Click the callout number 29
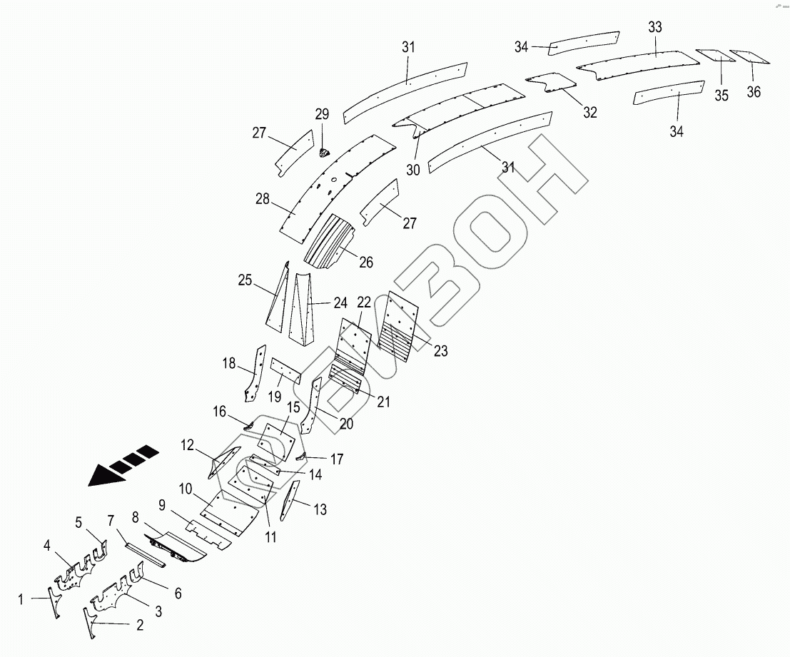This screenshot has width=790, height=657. (x=322, y=115)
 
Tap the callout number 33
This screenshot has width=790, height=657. (x=655, y=27)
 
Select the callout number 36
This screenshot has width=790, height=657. (x=754, y=91)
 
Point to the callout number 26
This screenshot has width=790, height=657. (x=366, y=263)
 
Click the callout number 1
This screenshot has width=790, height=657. (x=21, y=600)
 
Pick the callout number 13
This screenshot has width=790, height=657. (x=320, y=509)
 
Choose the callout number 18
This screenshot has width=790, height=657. (x=228, y=364)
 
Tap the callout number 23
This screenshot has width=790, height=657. (x=440, y=350)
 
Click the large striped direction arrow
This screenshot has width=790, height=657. (x=121, y=467)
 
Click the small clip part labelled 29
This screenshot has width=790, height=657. (x=323, y=151)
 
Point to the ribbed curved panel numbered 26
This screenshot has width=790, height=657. (x=332, y=243)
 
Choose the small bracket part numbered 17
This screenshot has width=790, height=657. (x=301, y=457)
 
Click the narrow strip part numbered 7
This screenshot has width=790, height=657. (x=145, y=554)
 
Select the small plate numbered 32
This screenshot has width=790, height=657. (x=551, y=81)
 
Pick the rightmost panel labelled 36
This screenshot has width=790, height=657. (x=749, y=56)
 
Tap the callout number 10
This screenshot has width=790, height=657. (x=185, y=489)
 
